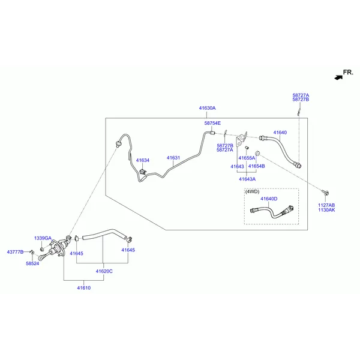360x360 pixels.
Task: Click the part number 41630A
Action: tap(207, 108)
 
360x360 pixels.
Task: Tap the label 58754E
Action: tap(212, 123)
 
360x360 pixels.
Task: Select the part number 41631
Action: tap(173, 158)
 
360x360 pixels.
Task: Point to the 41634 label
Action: tap(143, 160)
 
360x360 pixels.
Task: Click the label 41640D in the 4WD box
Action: tap(269, 199)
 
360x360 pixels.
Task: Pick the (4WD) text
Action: tap(252, 191)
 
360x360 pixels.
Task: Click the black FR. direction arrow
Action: tap(338, 77)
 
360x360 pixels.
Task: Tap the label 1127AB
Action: tap(326, 205)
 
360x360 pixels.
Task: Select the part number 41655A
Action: tap(247, 158)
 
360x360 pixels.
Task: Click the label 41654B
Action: tap(256, 166)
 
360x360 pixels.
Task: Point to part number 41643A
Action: tap(247, 179)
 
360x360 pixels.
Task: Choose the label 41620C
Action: tap(104, 271)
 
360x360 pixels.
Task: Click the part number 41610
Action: tap(84, 288)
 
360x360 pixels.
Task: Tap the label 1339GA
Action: tap(43, 238)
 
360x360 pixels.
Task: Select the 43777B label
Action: tap(15, 252)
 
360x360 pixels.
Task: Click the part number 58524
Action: tap(32, 263)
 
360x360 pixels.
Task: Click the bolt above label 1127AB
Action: tap(325, 193)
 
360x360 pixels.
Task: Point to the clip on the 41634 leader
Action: tap(143, 172)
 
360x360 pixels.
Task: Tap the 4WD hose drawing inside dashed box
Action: tap(272, 212)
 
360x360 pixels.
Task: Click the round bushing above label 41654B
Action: tap(257, 153)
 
